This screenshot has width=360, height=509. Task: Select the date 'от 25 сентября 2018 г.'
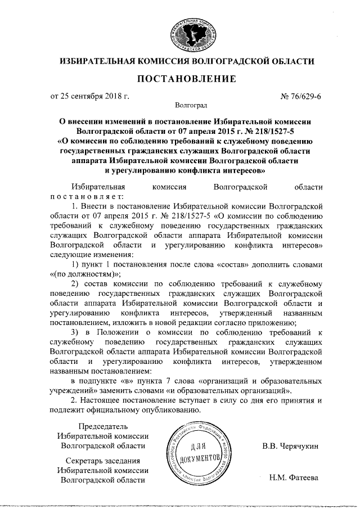(x=90, y=96)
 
